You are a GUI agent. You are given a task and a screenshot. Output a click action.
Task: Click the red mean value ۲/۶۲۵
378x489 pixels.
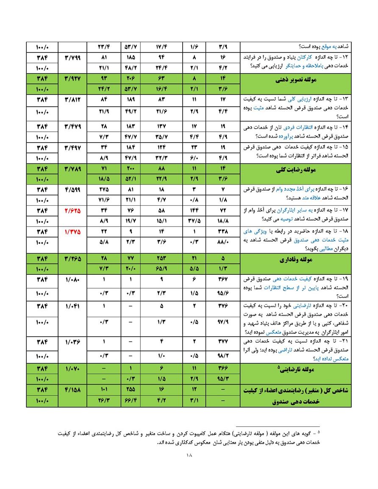tap(73, 210)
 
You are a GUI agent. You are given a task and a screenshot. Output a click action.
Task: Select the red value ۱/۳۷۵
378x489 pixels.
tap(73, 232)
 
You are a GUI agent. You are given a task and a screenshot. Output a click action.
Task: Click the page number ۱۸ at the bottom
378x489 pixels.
tap(189, 456)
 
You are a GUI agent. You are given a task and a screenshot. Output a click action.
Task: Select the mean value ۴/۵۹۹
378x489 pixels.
tap(73, 189)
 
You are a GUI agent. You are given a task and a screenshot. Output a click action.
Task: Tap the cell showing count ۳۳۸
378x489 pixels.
tap(223, 232)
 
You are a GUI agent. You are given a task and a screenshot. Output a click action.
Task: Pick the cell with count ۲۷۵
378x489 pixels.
tap(104, 189)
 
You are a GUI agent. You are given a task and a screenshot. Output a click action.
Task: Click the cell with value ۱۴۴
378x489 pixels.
tap(195, 210)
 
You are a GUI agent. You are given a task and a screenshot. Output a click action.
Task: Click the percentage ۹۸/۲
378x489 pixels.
tap(223, 356)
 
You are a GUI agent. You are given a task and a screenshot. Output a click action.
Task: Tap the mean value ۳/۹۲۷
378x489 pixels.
tap(73, 78)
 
